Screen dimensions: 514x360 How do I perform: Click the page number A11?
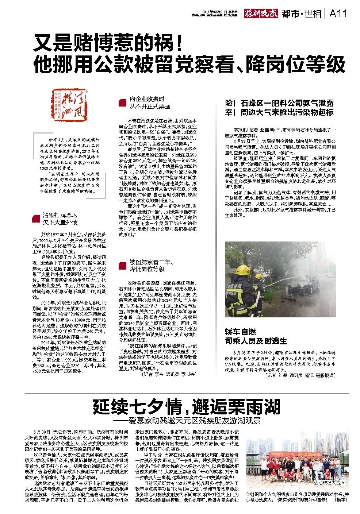tap(338, 14)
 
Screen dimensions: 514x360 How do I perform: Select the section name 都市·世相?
tap(302, 14)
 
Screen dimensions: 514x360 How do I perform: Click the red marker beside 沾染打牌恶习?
tap(36, 219)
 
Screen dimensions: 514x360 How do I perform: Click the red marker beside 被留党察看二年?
tap(123, 266)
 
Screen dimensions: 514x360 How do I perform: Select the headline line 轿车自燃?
tap(240, 332)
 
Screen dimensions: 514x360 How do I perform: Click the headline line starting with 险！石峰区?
tap(279, 104)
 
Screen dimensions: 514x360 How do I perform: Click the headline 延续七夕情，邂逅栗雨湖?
tap(186, 407)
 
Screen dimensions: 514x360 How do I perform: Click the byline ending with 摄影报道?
tap(300, 375)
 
